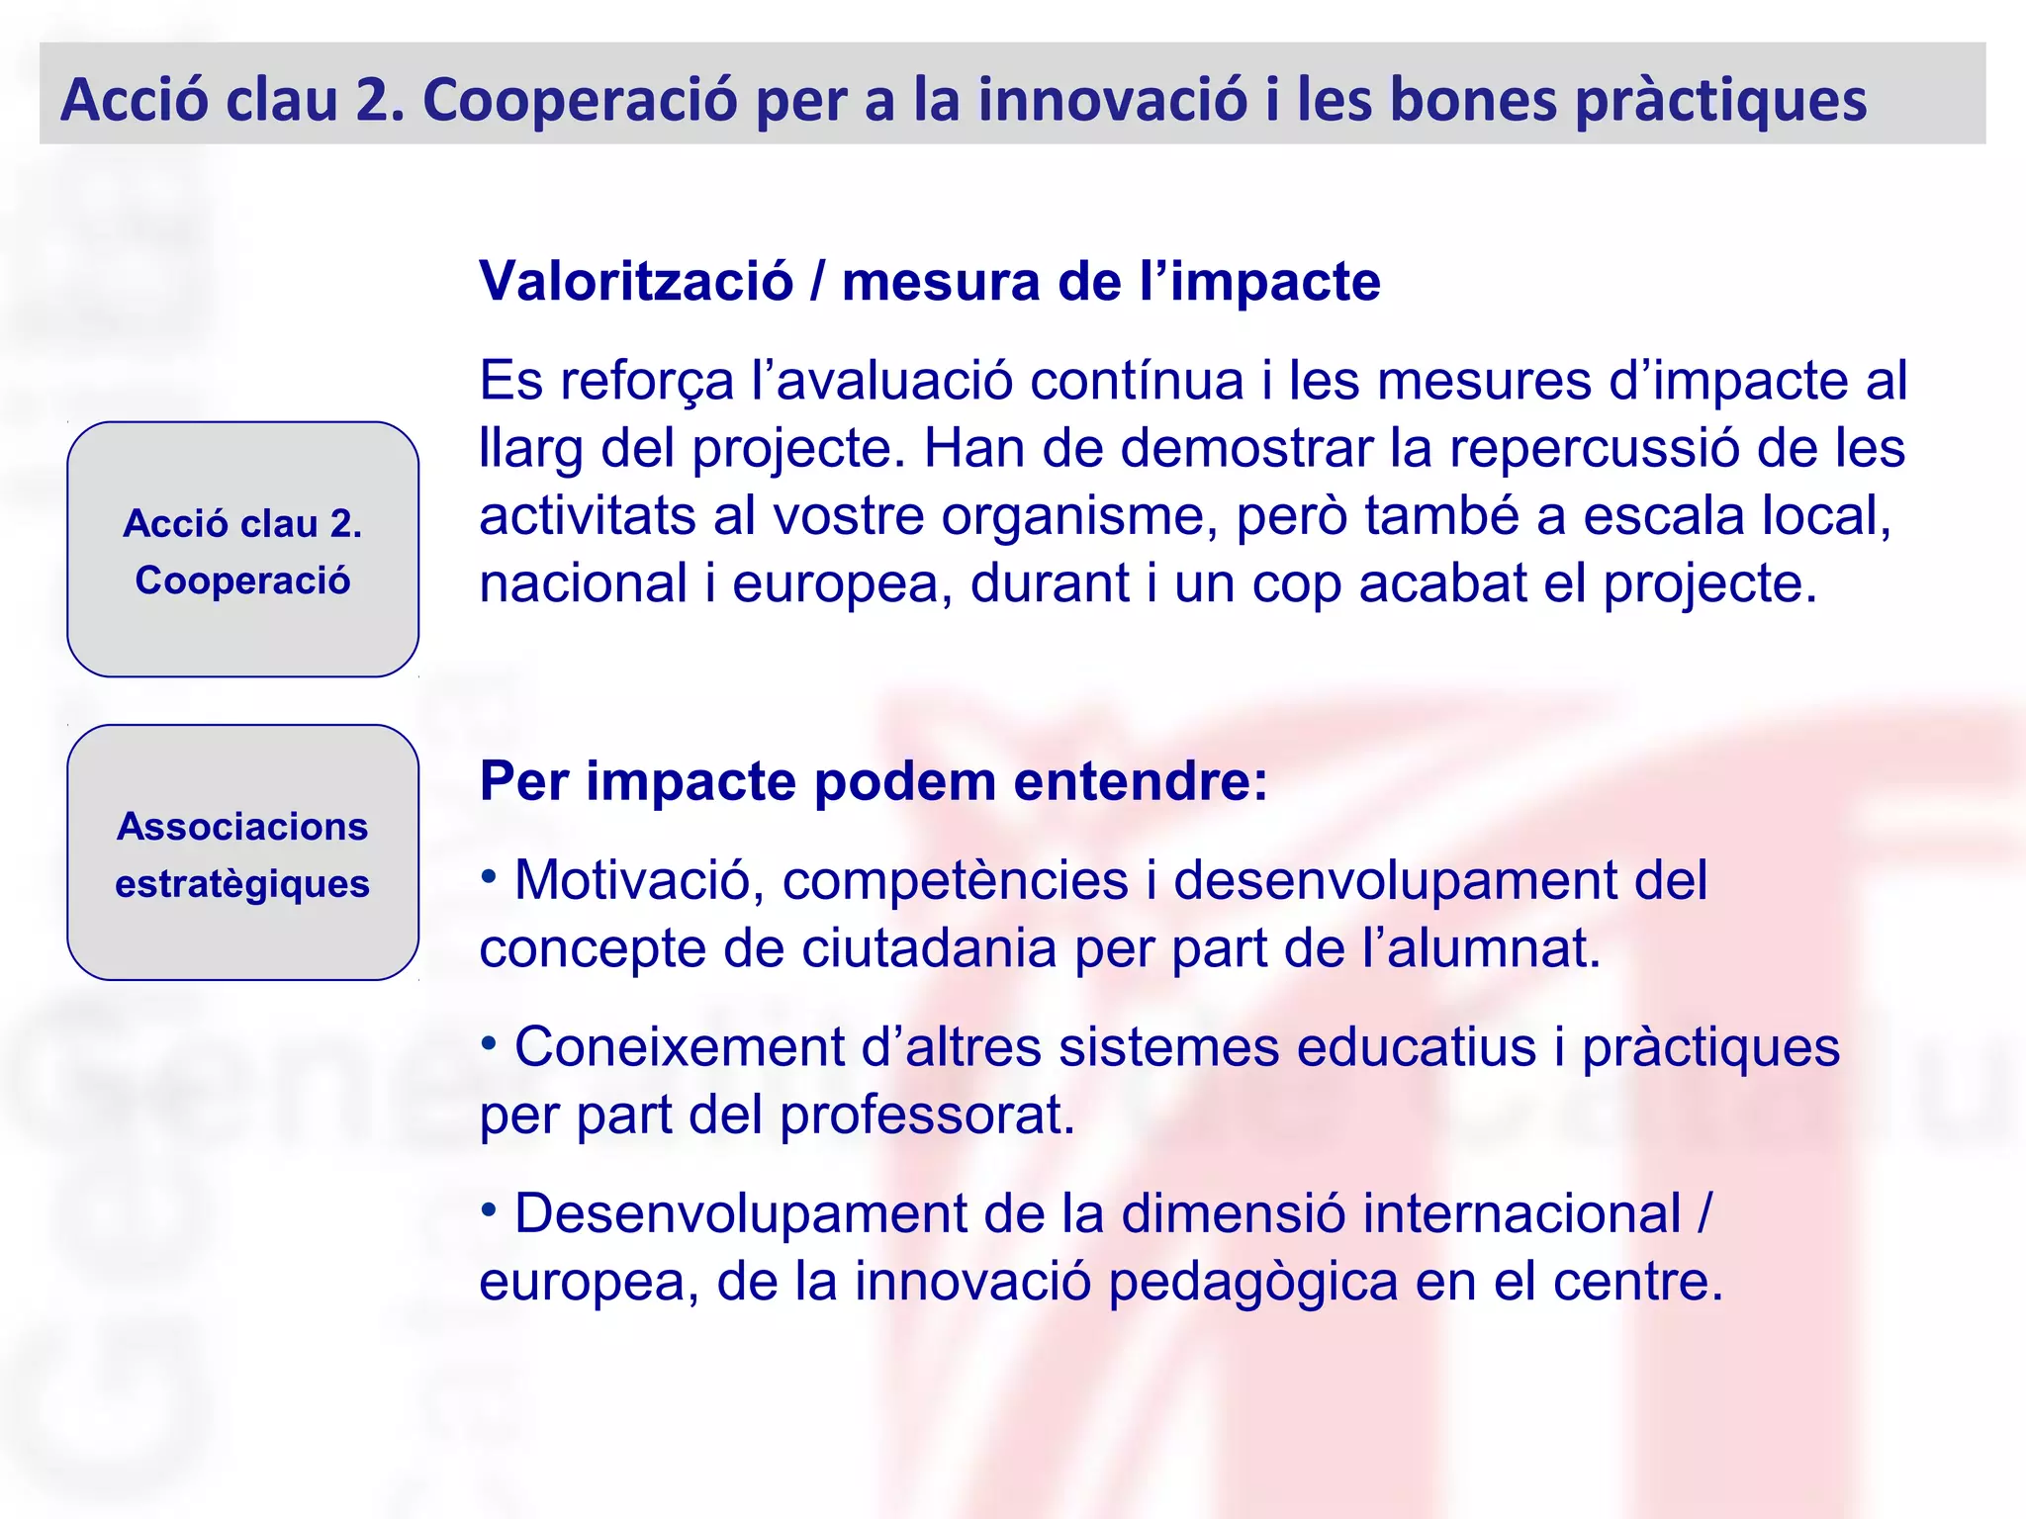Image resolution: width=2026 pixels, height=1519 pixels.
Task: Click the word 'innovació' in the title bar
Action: point(1112,101)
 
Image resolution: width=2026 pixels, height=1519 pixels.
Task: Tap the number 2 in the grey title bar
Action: point(377,101)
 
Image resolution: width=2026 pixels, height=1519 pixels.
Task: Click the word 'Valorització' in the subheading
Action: point(636,282)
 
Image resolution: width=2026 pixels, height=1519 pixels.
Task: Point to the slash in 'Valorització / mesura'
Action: point(817,282)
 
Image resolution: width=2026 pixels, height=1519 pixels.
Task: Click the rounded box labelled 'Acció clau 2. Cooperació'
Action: point(242,550)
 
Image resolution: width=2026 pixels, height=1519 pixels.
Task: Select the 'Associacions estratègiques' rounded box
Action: point(242,852)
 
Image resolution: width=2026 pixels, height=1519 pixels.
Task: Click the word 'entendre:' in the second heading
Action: point(1141,781)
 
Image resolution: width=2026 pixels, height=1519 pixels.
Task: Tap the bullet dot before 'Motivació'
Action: point(489,875)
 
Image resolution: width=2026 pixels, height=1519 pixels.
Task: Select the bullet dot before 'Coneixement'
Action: point(489,1042)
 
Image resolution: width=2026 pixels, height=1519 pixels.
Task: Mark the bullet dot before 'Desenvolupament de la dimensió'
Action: point(489,1208)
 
